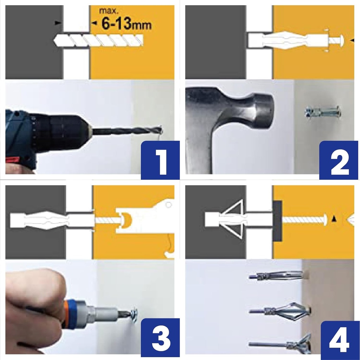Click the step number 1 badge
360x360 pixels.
(x=160, y=160)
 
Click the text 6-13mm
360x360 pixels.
(x=126, y=24)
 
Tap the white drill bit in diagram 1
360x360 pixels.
(x=98, y=40)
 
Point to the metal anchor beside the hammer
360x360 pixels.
(x=322, y=112)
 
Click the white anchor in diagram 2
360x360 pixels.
(x=288, y=40)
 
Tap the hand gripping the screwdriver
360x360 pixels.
(x=33, y=309)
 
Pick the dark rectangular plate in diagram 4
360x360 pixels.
(x=277, y=220)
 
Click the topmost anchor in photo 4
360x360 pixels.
(x=278, y=276)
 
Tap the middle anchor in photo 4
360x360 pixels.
(x=281, y=310)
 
